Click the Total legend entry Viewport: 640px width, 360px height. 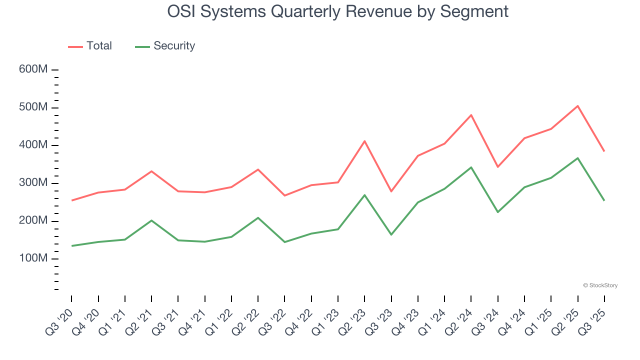(x=90, y=46)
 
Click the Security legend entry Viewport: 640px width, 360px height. (x=165, y=46)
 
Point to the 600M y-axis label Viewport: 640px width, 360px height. (x=33, y=69)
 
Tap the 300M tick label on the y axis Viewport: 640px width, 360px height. (x=33, y=183)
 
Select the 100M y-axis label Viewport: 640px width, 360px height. (x=33, y=258)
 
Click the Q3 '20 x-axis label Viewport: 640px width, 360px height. (x=60, y=320)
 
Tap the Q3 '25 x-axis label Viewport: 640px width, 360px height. (x=593, y=320)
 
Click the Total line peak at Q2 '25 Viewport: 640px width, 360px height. (x=577, y=106)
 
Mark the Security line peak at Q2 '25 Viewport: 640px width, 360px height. (x=577, y=158)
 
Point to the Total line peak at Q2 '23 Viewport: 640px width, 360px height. (x=364, y=141)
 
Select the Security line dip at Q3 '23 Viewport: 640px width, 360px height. (x=391, y=234)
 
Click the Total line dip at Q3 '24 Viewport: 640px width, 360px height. (x=497, y=166)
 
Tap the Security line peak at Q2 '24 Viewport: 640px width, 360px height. (x=471, y=167)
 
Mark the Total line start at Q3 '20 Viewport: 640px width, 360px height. (x=72, y=200)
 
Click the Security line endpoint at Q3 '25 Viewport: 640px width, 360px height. (x=604, y=200)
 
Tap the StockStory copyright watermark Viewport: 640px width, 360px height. (x=600, y=285)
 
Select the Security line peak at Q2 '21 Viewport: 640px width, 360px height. (x=151, y=220)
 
